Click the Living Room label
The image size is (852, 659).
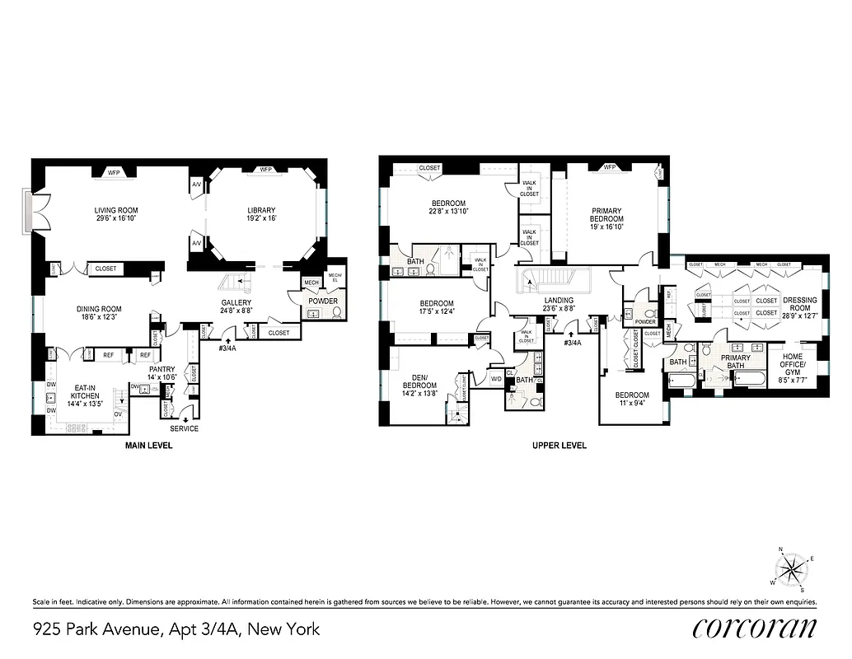coord(115,210)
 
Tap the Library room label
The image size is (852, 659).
coord(260,210)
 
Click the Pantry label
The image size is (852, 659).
coord(162,370)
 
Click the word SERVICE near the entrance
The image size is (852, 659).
coord(184,428)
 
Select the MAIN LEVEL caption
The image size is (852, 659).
coord(149,446)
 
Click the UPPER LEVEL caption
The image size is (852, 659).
coord(559,446)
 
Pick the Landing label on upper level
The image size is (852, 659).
coord(559,301)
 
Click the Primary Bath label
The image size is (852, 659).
coord(735,362)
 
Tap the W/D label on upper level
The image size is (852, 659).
coord(496,378)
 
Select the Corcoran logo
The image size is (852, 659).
coord(755,627)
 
